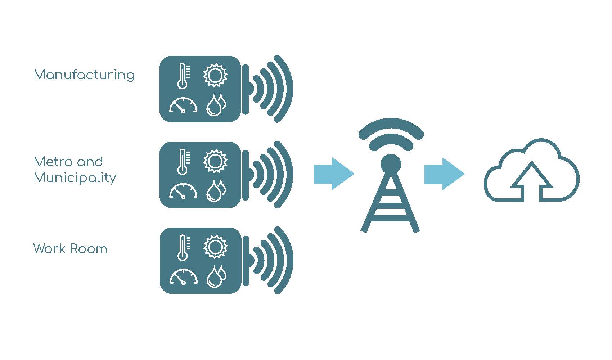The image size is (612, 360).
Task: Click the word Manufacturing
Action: point(84,75)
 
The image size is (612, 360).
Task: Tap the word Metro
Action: point(54,162)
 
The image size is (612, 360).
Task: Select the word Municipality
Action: point(75,178)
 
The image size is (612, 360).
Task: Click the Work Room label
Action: point(70,249)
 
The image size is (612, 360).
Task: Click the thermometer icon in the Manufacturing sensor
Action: point(183,76)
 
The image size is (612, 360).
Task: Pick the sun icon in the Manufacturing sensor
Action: point(215,75)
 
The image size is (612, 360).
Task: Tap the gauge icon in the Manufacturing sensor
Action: point(183,105)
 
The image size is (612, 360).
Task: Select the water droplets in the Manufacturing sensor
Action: point(216,105)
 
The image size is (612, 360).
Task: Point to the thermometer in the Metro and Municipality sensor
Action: point(183,162)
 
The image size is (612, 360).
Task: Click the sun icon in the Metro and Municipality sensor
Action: point(215,161)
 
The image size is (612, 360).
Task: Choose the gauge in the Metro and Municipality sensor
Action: point(183,191)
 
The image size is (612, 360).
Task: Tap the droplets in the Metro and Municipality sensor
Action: point(216,191)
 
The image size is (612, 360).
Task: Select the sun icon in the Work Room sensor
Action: point(216,247)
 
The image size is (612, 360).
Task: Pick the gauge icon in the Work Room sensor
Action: point(184,277)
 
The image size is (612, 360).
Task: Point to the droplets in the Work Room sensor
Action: point(217,276)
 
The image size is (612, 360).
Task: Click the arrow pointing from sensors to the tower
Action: point(334,174)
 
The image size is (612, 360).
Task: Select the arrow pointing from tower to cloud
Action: point(444,174)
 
